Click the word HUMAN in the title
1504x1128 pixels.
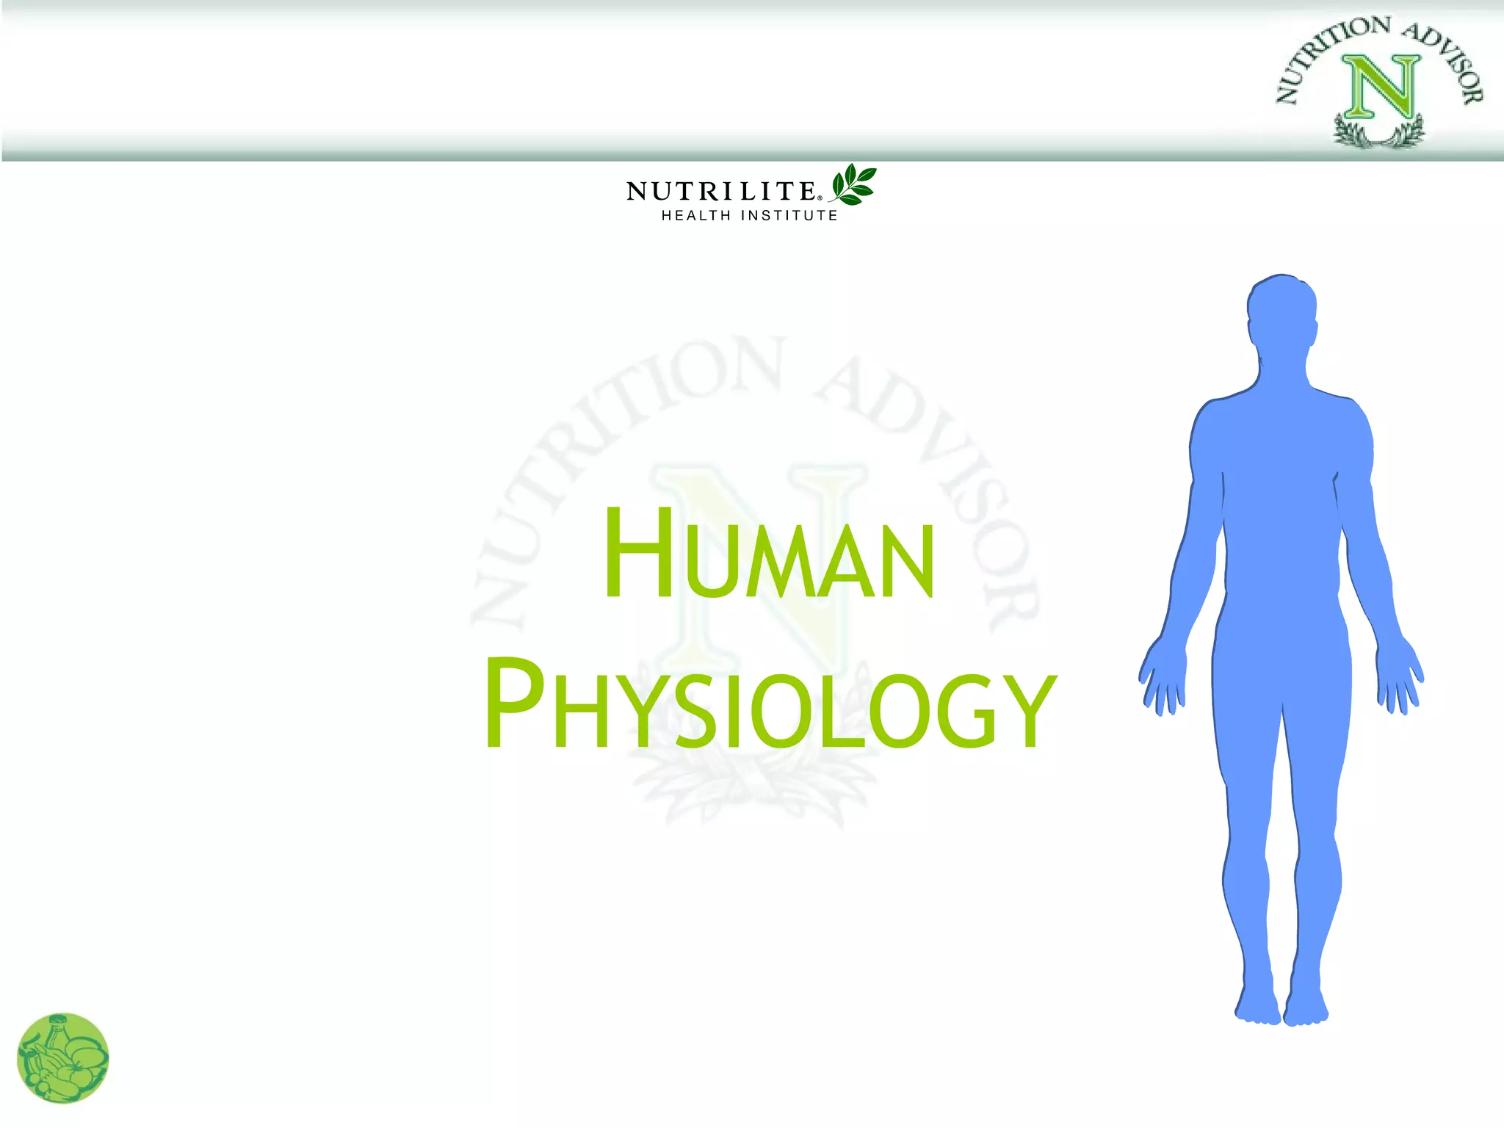click(x=769, y=554)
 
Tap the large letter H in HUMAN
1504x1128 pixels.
click(x=637, y=552)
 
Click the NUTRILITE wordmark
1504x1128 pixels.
click(x=721, y=191)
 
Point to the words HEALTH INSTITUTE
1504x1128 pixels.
click(x=749, y=215)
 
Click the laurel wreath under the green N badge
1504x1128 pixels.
click(x=1379, y=132)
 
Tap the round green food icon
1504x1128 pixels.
click(x=63, y=1057)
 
